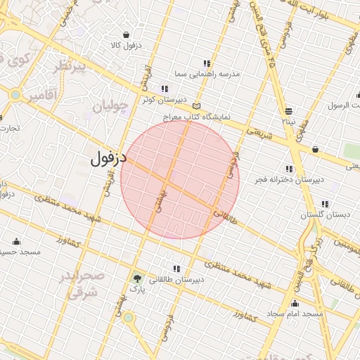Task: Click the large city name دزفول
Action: (x=108, y=157)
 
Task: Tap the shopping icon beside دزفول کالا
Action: (x=126, y=34)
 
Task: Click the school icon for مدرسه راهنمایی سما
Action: (x=206, y=63)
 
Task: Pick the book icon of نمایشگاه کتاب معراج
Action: (x=196, y=106)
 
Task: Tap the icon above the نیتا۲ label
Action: (x=289, y=111)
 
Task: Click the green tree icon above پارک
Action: (x=136, y=278)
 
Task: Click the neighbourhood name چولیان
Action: (x=112, y=107)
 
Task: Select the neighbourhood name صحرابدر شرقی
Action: (x=86, y=284)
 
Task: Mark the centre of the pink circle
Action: (x=180, y=179)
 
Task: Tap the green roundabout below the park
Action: (x=128, y=318)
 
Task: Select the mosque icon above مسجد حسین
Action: (x=15, y=241)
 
